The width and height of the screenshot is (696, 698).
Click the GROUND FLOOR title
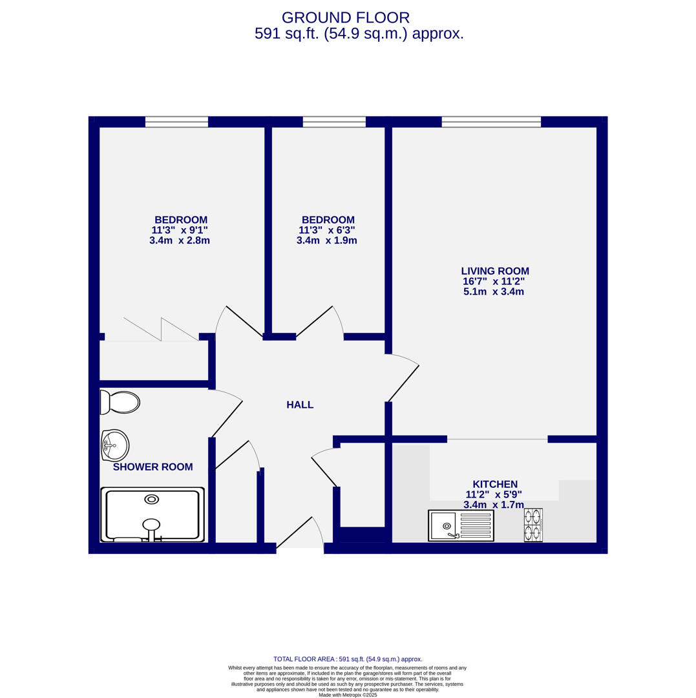[345, 18]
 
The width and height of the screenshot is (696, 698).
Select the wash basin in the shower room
[115, 445]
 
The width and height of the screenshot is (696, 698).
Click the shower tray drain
[151, 500]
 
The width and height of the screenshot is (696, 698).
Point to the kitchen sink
[461, 525]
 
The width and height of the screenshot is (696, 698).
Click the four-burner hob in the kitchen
[533, 525]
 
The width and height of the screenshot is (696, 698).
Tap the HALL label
[300, 405]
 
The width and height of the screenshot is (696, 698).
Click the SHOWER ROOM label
[153, 467]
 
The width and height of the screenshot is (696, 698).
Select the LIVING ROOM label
[494, 271]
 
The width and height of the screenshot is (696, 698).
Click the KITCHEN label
[494, 484]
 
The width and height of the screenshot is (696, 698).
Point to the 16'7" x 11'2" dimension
[493, 282]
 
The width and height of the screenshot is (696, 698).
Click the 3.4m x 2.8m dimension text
[179, 240]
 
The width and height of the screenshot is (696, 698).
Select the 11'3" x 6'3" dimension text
[326, 230]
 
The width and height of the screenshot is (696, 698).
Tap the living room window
[490, 122]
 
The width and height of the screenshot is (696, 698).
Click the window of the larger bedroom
[176, 122]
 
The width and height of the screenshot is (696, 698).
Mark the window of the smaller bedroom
[334, 122]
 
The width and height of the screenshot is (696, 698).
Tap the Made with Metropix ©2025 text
[347, 695]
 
